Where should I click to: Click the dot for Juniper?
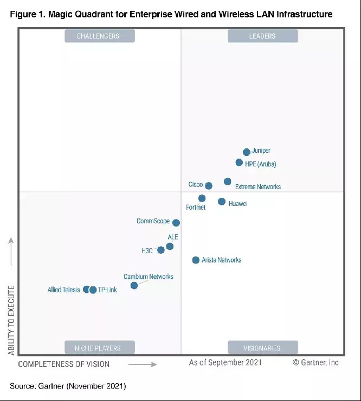(247, 152)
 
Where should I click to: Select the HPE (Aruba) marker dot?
(239, 162)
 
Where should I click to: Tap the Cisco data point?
(209, 186)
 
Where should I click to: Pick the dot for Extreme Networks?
(227, 181)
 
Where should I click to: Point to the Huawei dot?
(222, 202)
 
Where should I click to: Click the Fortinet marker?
(202, 198)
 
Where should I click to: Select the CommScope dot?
(176, 223)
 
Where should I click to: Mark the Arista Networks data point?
(196, 260)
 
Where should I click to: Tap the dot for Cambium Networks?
(134, 285)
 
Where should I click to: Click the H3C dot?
(161, 250)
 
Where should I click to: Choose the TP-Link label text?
(107, 290)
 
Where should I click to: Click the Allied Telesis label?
(63, 290)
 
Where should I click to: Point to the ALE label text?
(173, 237)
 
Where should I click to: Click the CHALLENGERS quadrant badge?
(100, 36)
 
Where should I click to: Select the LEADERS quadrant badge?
(263, 36)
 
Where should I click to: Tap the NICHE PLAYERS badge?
(100, 347)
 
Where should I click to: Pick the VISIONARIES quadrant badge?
(263, 347)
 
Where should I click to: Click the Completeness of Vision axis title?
(64, 364)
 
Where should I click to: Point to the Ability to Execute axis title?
(11, 321)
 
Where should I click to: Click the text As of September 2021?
(225, 362)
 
